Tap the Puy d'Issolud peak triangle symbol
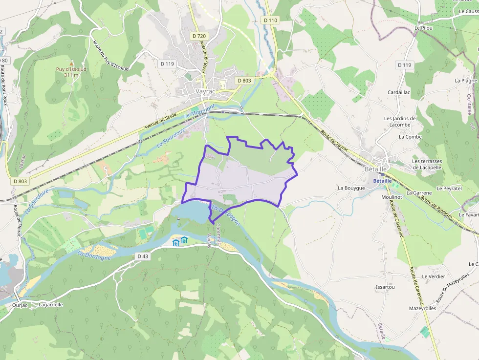click(71, 64)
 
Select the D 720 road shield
click(199, 36)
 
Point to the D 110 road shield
click(270, 21)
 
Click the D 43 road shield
click(142, 256)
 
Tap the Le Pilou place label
click(424, 28)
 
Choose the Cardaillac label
click(399, 92)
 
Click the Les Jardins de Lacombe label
click(400, 121)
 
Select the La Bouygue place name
click(351, 188)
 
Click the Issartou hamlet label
click(385, 287)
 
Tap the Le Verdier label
click(434, 276)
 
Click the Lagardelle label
click(50, 305)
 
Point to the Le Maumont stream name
click(200, 112)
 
